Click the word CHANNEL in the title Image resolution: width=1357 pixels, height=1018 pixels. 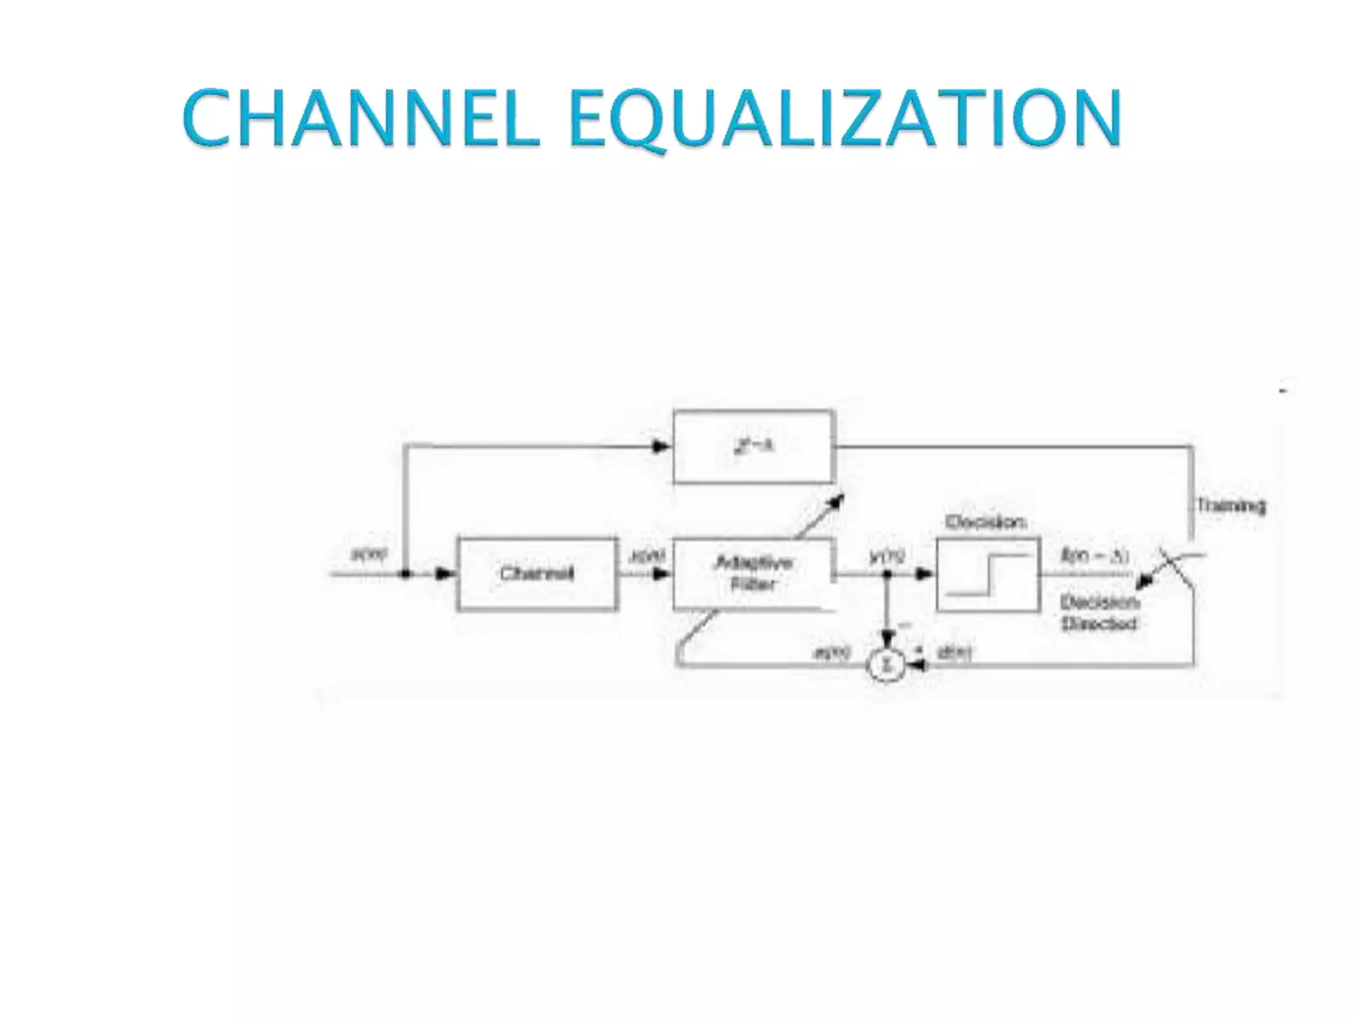point(361,119)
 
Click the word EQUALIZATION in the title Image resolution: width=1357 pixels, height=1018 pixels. point(845,119)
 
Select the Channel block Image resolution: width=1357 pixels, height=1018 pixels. point(537,574)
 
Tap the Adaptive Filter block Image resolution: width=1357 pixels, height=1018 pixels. point(753,574)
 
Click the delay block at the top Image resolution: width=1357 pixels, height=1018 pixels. point(753,447)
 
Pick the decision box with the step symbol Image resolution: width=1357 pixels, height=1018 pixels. point(988,574)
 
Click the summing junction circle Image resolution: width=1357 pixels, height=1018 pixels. point(887,665)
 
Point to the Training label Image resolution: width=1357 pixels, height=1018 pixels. point(1231,506)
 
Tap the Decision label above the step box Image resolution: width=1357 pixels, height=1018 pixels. point(986,523)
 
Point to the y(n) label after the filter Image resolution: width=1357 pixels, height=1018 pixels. point(887,557)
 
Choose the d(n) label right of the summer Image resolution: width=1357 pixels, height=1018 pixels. point(954,654)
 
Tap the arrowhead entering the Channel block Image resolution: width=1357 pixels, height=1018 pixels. point(446,574)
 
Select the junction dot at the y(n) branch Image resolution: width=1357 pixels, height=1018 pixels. point(887,574)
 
